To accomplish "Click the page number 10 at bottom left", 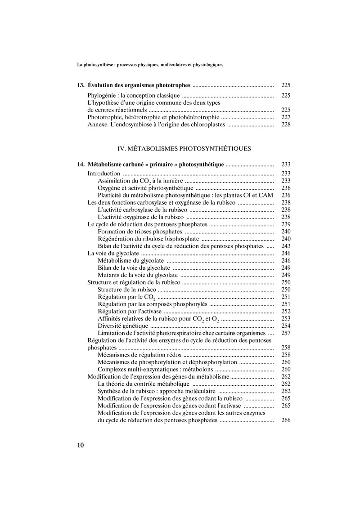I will (x=81, y=445).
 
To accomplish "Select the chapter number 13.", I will (x=81, y=85).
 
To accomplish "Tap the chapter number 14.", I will (x=81, y=165).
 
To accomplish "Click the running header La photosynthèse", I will (x=150, y=65).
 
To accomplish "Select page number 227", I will (x=286, y=117).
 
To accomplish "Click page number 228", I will (x=286, y=124).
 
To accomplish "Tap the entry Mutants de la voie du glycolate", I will (x=138, y=275).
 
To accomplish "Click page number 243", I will (x=286, y=246).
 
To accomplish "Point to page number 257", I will (x=286, y=333).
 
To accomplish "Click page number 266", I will (x=286, y=420).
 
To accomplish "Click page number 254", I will (x=286, y=326).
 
